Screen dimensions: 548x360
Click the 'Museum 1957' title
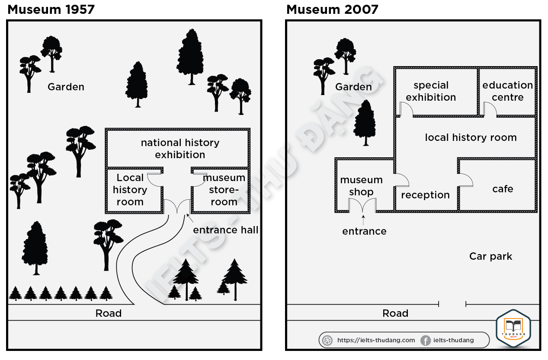pyautogui.click(x=51, y=10)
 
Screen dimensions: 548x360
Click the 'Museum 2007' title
pyautogui.click(x=332, y=10)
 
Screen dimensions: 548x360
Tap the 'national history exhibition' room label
pyautogui.click(x=180, y=149)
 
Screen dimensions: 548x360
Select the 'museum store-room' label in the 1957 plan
pyautogui.click(x=224, y=190)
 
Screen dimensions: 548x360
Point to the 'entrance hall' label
pyautogui.click(x=226, y=230)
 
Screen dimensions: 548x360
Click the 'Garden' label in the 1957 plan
pyautogui.click(x=66, y=87)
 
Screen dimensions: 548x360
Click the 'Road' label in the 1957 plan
pyautogui.click(x=109, y=313)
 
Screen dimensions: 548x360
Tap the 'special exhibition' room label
pyautogui.click(x=431, y=91)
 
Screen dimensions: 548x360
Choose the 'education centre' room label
pyautogui.click(x=508, y=91)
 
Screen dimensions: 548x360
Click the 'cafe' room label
pyautogui.click(x=503, y=189)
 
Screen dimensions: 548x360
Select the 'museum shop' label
pyautogui.click(x=361, y=186)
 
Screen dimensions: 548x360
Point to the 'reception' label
pyautogui.click(x=426, y=195)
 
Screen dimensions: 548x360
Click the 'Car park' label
pyautogui.click(x=490, y=257)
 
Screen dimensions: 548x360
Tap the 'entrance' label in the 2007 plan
pyautogui.click(x=364, y=231)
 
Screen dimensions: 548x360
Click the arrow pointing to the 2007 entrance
pyautogui.click(x=363, y=220)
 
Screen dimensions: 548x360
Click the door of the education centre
pyautogui.click(x=490, y=109)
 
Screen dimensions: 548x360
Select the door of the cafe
pyautogui.click(x=465, y=180)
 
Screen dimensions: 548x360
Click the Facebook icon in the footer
pyautogui.click(x=426, y=341)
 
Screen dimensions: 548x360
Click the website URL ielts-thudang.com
pyautogui.click(x=376, y=340)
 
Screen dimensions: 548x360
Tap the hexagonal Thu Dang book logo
pyautogui.click(x=513, y=328)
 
